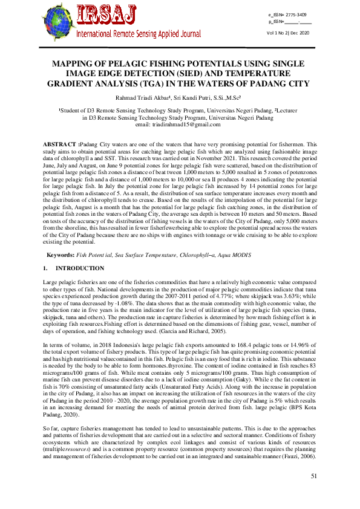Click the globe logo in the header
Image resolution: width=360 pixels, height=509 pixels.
[57, 22]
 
